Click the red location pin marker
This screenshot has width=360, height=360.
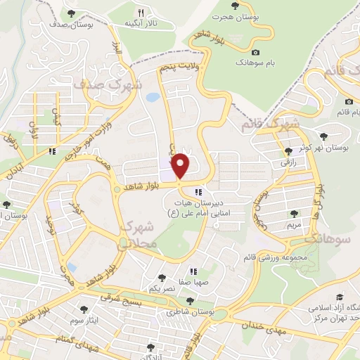tap(181, 166)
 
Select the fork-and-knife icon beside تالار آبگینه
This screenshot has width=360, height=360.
tap(141, 13)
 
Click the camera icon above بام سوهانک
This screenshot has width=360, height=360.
tap(255, 53)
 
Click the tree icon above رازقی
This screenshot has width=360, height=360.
tap(288, 151)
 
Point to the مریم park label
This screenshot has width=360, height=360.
tap(295, 225)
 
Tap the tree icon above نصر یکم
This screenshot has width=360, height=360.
tap(162, 278)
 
